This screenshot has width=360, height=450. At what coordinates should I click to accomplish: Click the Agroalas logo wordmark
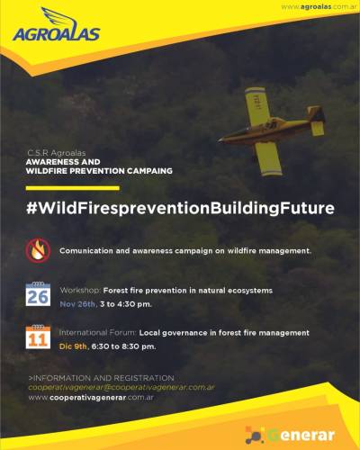tap(56, 34)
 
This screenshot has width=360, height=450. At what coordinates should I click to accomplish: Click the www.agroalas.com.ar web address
tap(319, 6)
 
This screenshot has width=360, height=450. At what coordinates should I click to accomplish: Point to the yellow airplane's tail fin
tap(317, 115)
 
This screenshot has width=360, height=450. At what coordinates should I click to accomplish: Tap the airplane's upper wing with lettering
tap(257, 105)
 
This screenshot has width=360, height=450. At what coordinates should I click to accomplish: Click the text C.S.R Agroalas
tap(56, 153)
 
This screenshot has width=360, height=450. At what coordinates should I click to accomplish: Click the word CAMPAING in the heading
tap(149, 171)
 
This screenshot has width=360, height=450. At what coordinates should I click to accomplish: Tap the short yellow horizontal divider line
tap(73, 188)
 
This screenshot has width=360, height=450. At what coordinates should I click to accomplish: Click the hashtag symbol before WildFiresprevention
tap(31, 208)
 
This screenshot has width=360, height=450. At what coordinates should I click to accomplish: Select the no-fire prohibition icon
tap(37, 251)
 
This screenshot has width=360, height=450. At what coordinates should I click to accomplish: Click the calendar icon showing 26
tap(38, 294)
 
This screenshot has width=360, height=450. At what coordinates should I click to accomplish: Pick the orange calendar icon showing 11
tap(38, 337)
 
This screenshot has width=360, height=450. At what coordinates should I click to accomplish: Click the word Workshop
tap(80, 291)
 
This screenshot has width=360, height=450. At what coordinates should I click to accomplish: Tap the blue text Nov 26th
tap(77, 304)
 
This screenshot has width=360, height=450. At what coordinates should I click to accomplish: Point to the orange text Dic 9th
tap(74, 346)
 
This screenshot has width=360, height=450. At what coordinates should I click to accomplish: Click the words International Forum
tap(98, 333)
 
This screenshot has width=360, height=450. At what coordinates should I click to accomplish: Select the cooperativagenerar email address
tap(121, 387)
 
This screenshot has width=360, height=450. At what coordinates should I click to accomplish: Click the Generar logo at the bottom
tap(290, 436)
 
